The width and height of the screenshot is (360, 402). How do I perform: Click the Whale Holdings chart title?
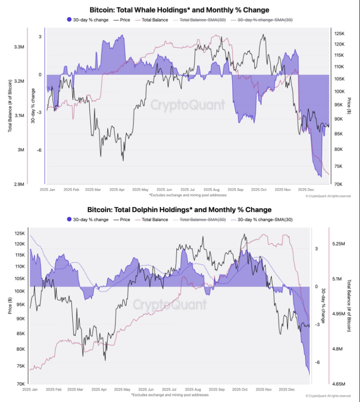pos(179,10)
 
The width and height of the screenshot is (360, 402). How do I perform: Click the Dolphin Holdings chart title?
pos(179,210)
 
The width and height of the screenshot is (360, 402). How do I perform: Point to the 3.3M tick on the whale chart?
pos(21,47)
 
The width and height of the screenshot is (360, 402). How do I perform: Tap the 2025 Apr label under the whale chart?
pos(117,189)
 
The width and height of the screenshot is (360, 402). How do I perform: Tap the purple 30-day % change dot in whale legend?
pos(69,20)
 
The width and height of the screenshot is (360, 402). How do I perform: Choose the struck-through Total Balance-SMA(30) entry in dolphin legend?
pos(202,220)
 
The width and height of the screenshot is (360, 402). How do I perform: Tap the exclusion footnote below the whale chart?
pos(187,195)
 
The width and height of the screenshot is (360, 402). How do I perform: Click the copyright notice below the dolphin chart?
pos(328,396)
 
